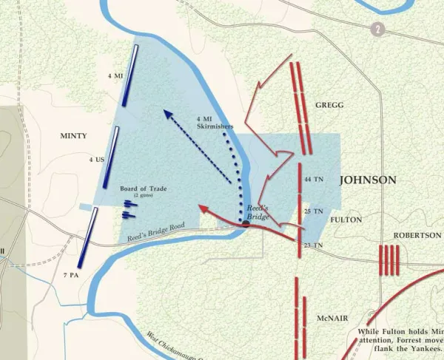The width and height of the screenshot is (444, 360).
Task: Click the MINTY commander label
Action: click(74, 136)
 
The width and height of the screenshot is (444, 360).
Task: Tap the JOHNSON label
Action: click(369, 180)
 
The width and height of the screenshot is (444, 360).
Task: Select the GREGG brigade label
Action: click(329, 105)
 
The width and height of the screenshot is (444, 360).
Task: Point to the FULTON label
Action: click(345, 220)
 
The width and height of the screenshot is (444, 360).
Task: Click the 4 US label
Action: click(96, 160)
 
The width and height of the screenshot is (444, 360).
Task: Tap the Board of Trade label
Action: click(144, 189)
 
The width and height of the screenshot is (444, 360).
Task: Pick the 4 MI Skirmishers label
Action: click(215, 122)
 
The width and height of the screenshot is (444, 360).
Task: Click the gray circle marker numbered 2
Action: click(378, 29)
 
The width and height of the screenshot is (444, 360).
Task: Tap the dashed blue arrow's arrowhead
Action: click(168, 115)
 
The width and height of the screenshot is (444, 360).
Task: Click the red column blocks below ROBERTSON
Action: click(388, 260)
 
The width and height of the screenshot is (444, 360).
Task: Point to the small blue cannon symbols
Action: click(129, 208)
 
